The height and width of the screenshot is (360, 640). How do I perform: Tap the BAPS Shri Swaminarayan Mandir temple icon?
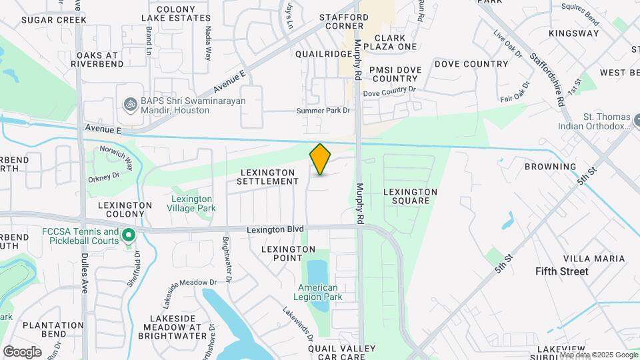click(130, 105)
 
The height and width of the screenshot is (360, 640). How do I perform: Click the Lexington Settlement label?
click(267, 177)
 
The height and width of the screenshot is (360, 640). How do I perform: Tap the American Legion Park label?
click(319, 292)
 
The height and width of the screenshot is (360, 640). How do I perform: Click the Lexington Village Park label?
click(192, 203)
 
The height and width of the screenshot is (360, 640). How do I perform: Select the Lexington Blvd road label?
click(275, 229)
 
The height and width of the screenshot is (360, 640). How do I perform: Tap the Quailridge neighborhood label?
click(323, 54)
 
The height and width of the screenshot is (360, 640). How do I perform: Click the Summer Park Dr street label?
click(323, 110)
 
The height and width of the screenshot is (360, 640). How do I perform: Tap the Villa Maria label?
click(594, 259)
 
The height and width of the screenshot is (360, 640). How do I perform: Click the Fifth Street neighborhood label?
click(562, 271)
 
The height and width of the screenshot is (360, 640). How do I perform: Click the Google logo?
click(22, 351)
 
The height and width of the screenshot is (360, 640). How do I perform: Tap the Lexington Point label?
click(288, 253)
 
